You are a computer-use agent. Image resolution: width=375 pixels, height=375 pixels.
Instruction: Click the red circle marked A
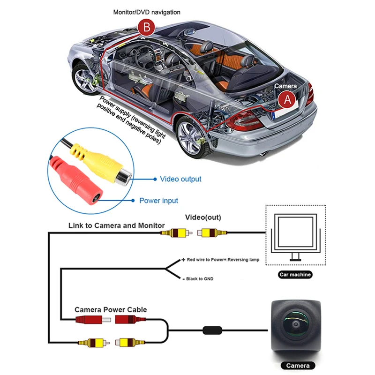(287, 100)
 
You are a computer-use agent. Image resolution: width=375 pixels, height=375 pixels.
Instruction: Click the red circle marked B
(147, 27)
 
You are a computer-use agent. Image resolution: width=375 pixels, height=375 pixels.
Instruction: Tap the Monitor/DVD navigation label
(147, 12)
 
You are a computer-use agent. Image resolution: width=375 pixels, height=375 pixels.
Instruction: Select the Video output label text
(180, 179)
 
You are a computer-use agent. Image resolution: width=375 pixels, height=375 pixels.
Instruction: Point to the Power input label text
(159, 201)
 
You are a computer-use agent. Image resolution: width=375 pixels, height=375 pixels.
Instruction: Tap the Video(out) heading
(203, 217)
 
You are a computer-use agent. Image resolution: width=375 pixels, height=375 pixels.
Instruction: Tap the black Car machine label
(295, 275)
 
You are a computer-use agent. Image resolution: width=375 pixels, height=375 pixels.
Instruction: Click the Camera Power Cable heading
(111, 310)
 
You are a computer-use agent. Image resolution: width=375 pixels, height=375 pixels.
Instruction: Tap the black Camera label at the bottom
(297, 366)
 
